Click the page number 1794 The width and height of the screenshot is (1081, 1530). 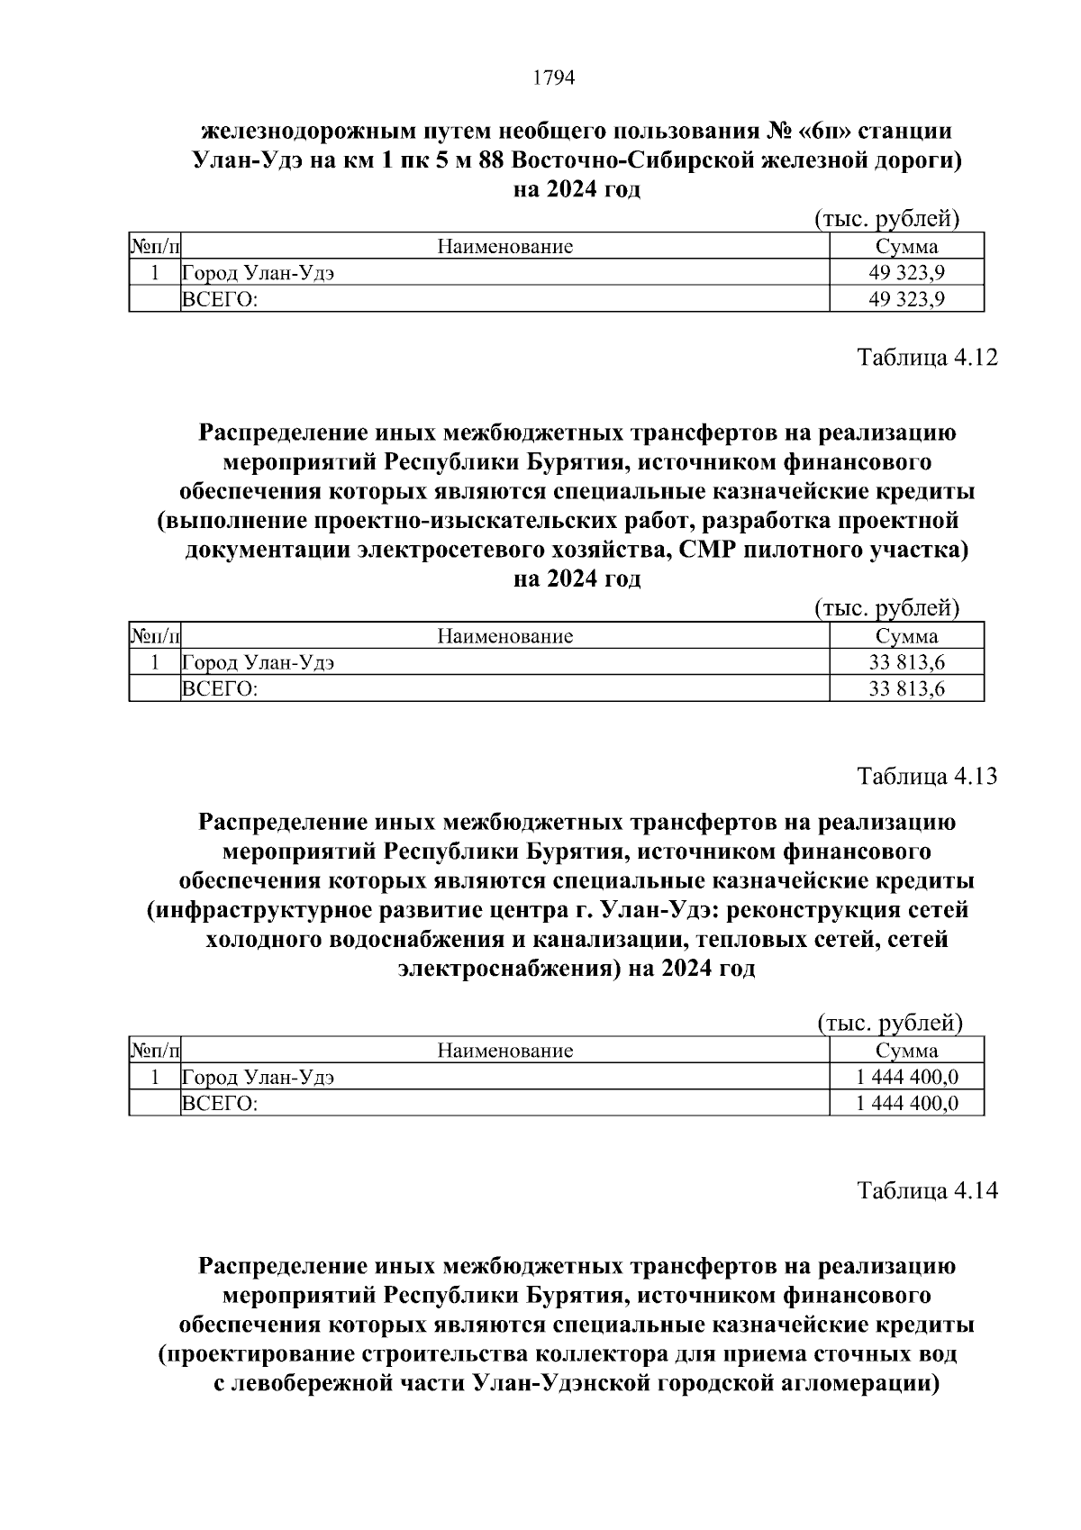553,78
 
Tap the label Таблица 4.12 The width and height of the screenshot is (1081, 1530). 927,358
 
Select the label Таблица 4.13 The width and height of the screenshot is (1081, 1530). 927,776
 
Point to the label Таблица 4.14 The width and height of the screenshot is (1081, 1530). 927,1190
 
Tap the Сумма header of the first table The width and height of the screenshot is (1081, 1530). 906,247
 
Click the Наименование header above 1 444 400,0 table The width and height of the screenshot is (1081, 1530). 504,1051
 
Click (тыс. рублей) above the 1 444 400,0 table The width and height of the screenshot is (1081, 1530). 890,1023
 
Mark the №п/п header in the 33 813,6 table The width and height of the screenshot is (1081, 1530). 155,637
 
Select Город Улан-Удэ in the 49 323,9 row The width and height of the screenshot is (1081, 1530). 259,273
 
